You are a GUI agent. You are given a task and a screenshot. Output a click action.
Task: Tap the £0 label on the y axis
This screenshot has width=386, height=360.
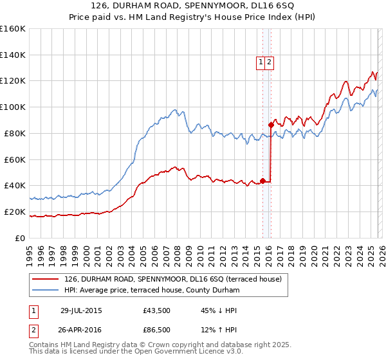pyautogui.click(x=21, y=238)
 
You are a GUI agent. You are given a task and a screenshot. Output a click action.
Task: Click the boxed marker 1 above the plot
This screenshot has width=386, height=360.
pyautogui.click(x=261, y=62)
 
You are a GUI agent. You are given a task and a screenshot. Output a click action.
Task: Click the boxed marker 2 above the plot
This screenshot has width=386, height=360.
pyautogui.click(x=270, y=62)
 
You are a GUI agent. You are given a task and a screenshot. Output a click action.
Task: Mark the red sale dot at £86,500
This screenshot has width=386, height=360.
pyautogui.click(x=271, y=125)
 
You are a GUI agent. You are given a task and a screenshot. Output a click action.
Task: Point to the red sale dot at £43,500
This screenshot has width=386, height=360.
pyautogui.click(x=262, y=181)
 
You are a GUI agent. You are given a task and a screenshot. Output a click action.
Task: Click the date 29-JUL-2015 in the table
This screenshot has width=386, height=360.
pyautogui.click(x=81, y=310)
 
